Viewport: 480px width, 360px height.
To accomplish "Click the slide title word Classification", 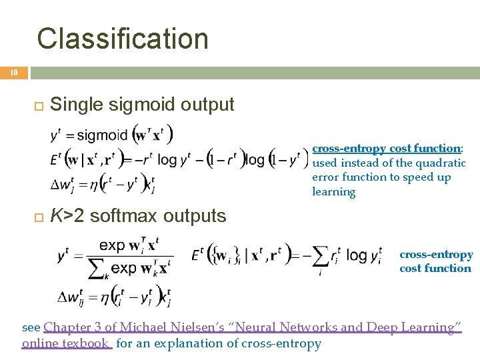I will (123, 39).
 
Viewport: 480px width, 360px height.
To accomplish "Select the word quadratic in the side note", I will (440, 163).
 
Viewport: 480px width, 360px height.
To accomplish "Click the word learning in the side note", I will (333, 192).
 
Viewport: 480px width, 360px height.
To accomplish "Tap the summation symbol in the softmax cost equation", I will (321, 255).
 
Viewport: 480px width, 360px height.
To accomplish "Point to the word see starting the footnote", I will (31, 327).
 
